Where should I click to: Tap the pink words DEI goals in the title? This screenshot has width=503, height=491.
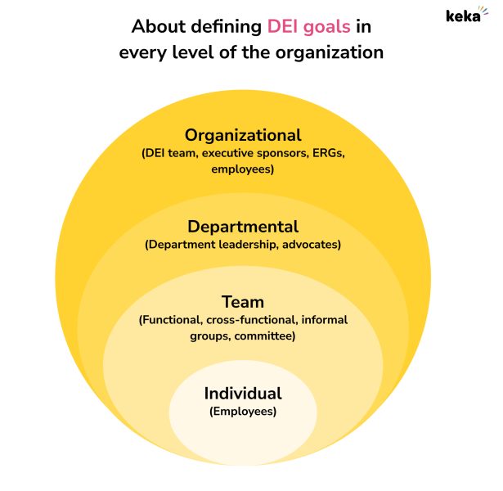308,26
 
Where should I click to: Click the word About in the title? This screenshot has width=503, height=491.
155,26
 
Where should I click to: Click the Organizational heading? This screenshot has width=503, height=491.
243,135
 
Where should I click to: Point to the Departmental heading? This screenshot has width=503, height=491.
243,227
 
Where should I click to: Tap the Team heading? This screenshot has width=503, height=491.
243,302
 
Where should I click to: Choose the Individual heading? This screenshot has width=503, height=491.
243,394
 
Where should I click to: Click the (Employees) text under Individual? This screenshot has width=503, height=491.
243,412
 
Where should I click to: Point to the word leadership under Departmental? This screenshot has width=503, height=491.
240,245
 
